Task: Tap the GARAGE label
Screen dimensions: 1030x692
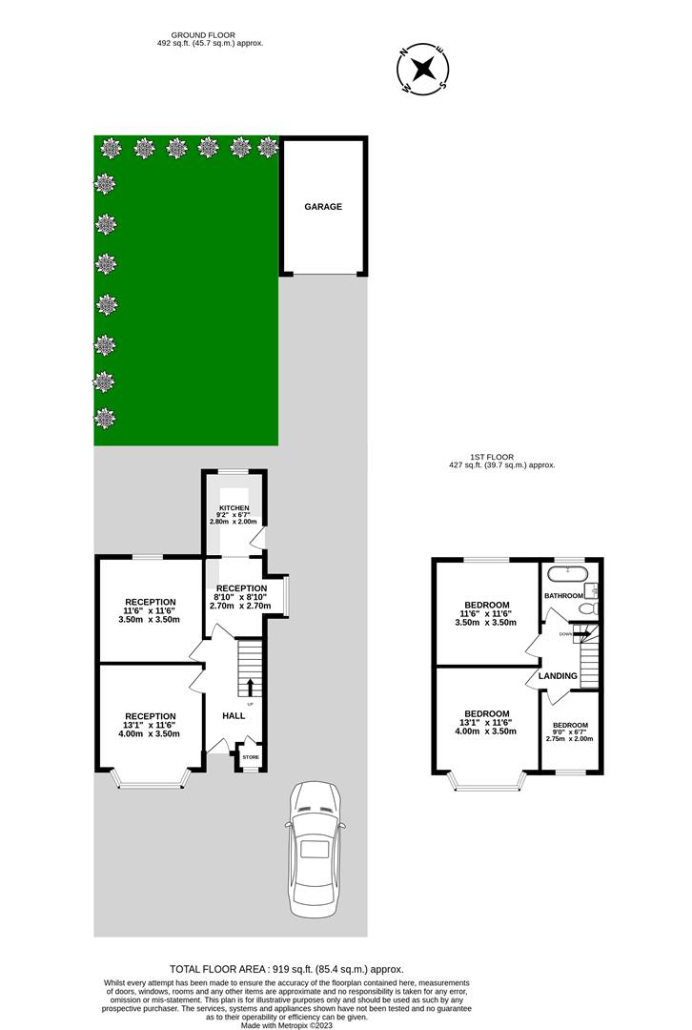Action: (323, 206)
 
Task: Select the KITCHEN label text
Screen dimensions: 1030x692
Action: (234, 508)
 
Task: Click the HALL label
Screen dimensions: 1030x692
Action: (234, 715)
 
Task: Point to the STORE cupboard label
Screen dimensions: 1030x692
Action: (250, 757)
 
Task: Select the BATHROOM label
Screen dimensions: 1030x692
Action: (563, 596)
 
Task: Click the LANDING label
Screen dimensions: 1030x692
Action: (558, 676)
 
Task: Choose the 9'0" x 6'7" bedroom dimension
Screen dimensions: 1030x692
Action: (569, 731)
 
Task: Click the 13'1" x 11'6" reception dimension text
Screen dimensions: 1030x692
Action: (151, 726)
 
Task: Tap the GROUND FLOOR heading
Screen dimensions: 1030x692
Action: (210, 34)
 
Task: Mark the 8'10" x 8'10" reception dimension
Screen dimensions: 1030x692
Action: (241, 597)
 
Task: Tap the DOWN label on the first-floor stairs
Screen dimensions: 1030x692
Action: (565, 633)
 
